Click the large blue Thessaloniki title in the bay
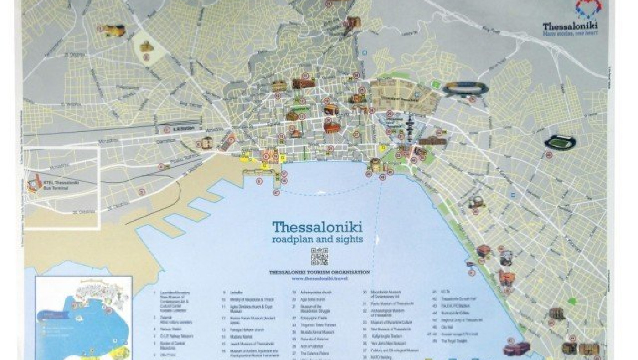318,226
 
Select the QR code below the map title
319,257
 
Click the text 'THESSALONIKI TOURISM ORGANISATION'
319,272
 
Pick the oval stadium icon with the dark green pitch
560,142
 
